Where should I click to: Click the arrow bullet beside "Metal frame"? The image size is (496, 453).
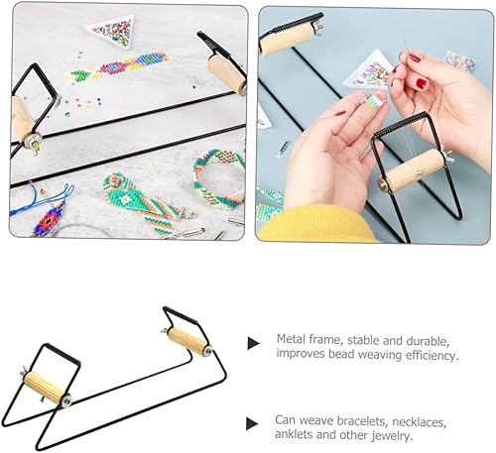pyautogui.click(x=253, y=343)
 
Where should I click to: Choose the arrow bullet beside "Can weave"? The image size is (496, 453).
pyautogui.click(x=252, y=423)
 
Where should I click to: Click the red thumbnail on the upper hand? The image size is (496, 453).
pyautogui.click(x=422, y=83)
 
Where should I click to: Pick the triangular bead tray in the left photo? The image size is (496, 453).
pyautogui.click(x=112, y=31)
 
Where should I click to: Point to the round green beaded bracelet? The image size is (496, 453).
pyautogui.click(x=219, y=177)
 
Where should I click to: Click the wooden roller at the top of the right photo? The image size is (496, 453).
pyautogui.click(x=288, y=39)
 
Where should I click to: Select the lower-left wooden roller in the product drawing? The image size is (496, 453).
pyautogui.click(x=46, y=388)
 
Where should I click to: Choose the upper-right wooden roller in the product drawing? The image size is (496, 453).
pyautogui.click(x=187, y=340)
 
